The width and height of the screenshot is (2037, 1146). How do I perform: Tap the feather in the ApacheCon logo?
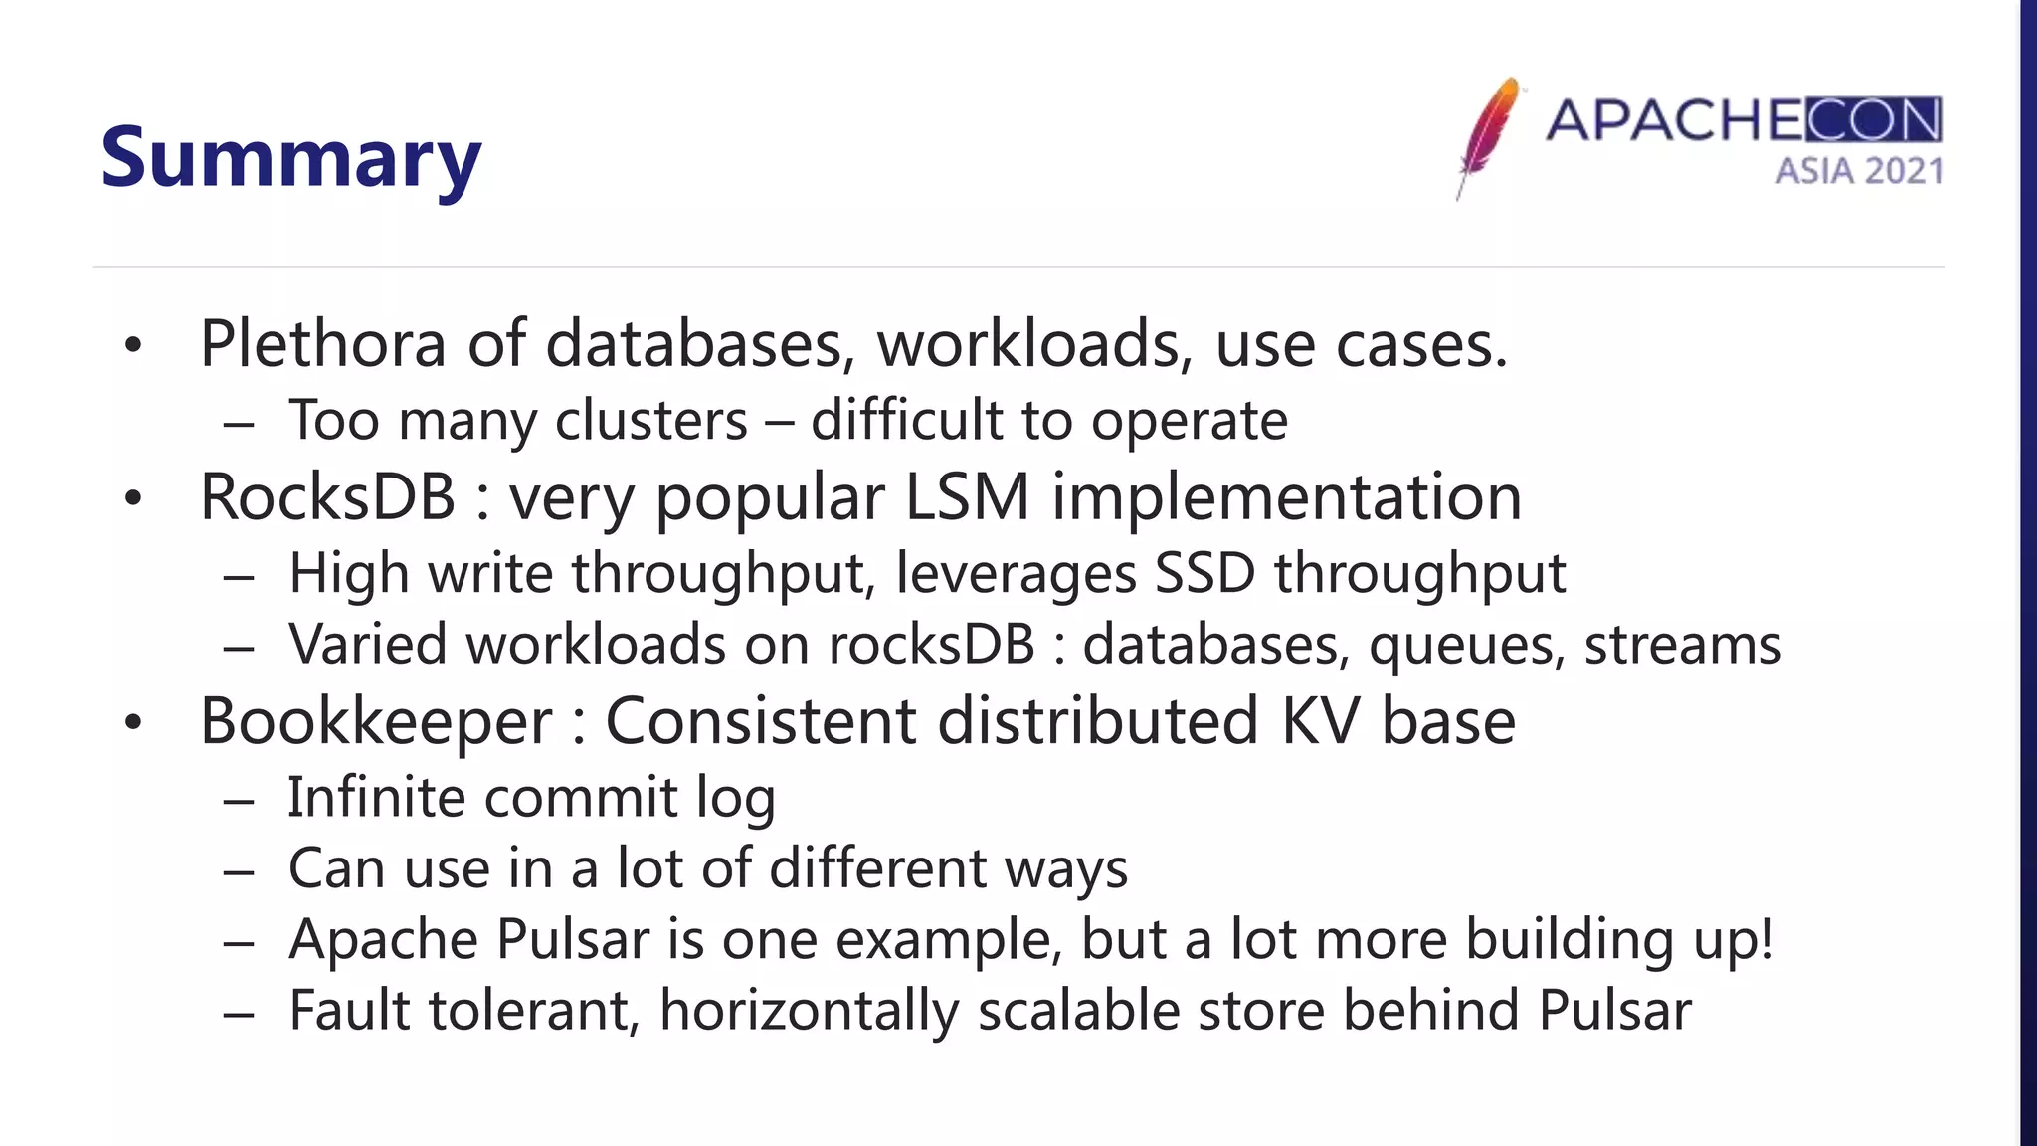point(1488,134)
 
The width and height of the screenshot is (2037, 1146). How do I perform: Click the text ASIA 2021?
point(1858,171)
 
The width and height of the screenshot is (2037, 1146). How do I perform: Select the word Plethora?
point(322,343)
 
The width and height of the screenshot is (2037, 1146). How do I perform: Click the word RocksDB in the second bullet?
point(327,496)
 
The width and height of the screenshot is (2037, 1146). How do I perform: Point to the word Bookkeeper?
point(376,720)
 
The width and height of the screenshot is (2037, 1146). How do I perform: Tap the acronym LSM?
point(967,496)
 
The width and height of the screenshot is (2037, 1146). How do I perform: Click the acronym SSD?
point(1204,573)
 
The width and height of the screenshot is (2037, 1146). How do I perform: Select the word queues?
point(1460,645)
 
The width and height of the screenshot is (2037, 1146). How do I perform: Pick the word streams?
point(1682,645)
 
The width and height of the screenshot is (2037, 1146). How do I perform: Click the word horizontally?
point(809,1010)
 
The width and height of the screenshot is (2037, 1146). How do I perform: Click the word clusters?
point(650,420)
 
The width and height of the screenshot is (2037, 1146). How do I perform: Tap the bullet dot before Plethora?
point(134,346)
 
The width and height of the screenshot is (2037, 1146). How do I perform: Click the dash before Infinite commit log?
point(239,800)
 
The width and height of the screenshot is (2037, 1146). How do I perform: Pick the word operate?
point(1189,420)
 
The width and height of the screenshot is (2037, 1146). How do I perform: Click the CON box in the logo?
point(1872,120)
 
